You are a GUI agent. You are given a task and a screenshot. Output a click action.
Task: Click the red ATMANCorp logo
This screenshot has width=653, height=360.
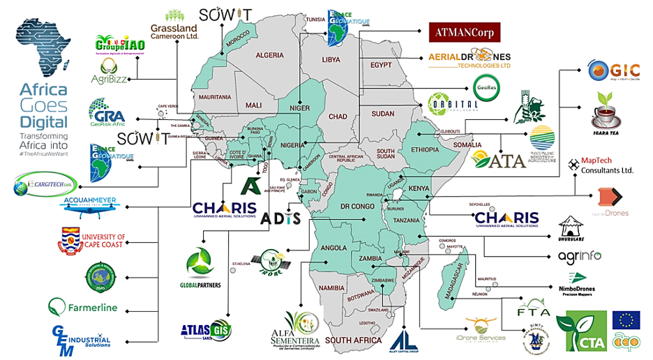465,31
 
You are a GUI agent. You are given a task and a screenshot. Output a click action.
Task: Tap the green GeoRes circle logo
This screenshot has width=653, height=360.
486,89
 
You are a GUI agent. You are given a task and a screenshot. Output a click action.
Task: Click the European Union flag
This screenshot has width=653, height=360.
626,320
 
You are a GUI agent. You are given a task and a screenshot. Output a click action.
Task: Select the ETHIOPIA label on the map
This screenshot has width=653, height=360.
425,149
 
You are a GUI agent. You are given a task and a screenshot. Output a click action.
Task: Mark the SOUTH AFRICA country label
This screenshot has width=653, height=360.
353,340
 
